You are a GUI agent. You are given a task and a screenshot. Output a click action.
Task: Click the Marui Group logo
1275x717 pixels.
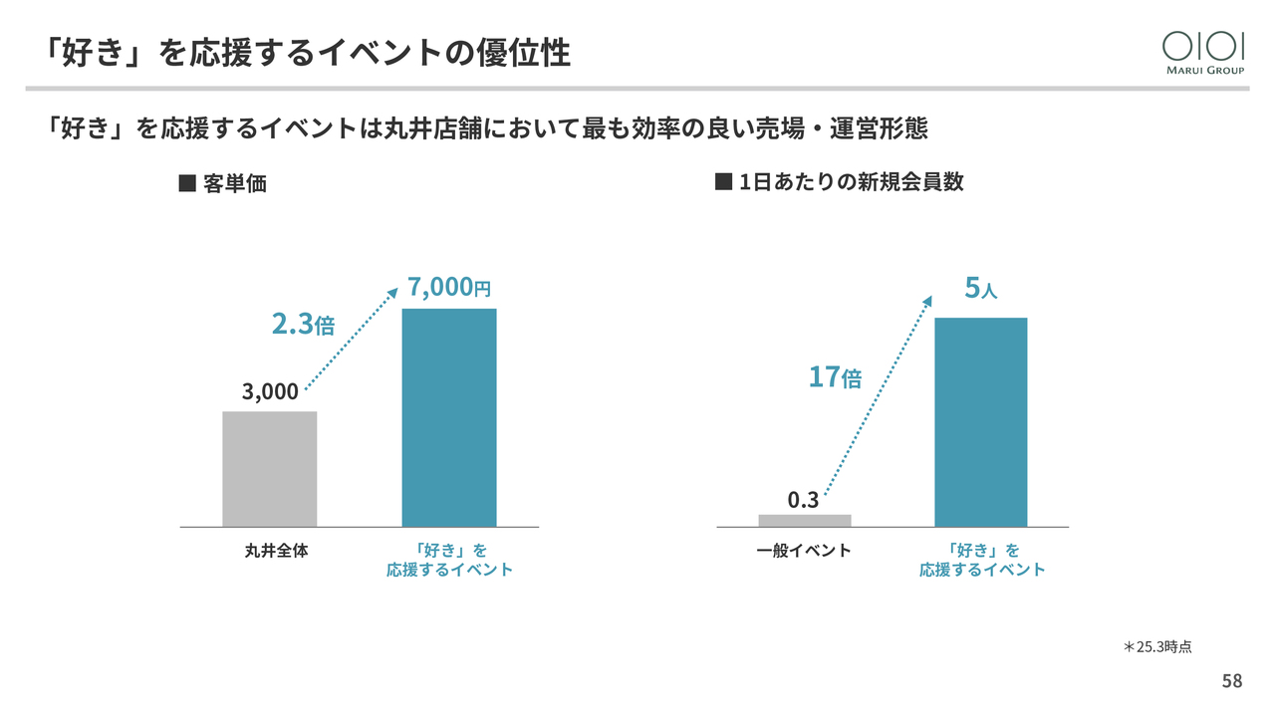[1203, 52]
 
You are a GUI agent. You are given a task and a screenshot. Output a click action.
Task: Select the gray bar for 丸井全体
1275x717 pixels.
[269, 468]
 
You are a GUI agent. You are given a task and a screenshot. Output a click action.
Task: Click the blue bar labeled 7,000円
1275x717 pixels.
[448, 417]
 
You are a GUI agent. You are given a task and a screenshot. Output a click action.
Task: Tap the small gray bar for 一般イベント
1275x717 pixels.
[805, 520]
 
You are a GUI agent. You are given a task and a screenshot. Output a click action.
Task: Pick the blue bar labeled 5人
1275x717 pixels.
[980, 422]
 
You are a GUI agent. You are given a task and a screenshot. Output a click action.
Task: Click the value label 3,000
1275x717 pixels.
[270, 391]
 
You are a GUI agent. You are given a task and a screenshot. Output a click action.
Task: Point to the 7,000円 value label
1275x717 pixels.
[449, 288]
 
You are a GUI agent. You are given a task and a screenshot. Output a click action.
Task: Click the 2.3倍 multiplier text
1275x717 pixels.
[303, 324]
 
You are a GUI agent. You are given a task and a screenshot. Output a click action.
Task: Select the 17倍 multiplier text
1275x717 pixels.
[835, 377]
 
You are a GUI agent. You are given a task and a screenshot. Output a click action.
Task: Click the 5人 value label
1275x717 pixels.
[980, 289]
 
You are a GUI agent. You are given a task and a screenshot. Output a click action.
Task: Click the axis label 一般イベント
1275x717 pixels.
[804, 550]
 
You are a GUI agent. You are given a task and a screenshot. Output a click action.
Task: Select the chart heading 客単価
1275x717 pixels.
[234, 184]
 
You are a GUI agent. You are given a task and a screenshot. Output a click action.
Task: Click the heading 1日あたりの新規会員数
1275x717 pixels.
[852, 182]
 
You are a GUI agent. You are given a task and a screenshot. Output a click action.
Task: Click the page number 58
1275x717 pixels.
[1232, 681]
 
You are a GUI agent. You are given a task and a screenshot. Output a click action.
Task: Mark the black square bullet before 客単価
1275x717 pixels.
[185, 184]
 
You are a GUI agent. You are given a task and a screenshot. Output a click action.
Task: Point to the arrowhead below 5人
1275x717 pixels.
[928, 300]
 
